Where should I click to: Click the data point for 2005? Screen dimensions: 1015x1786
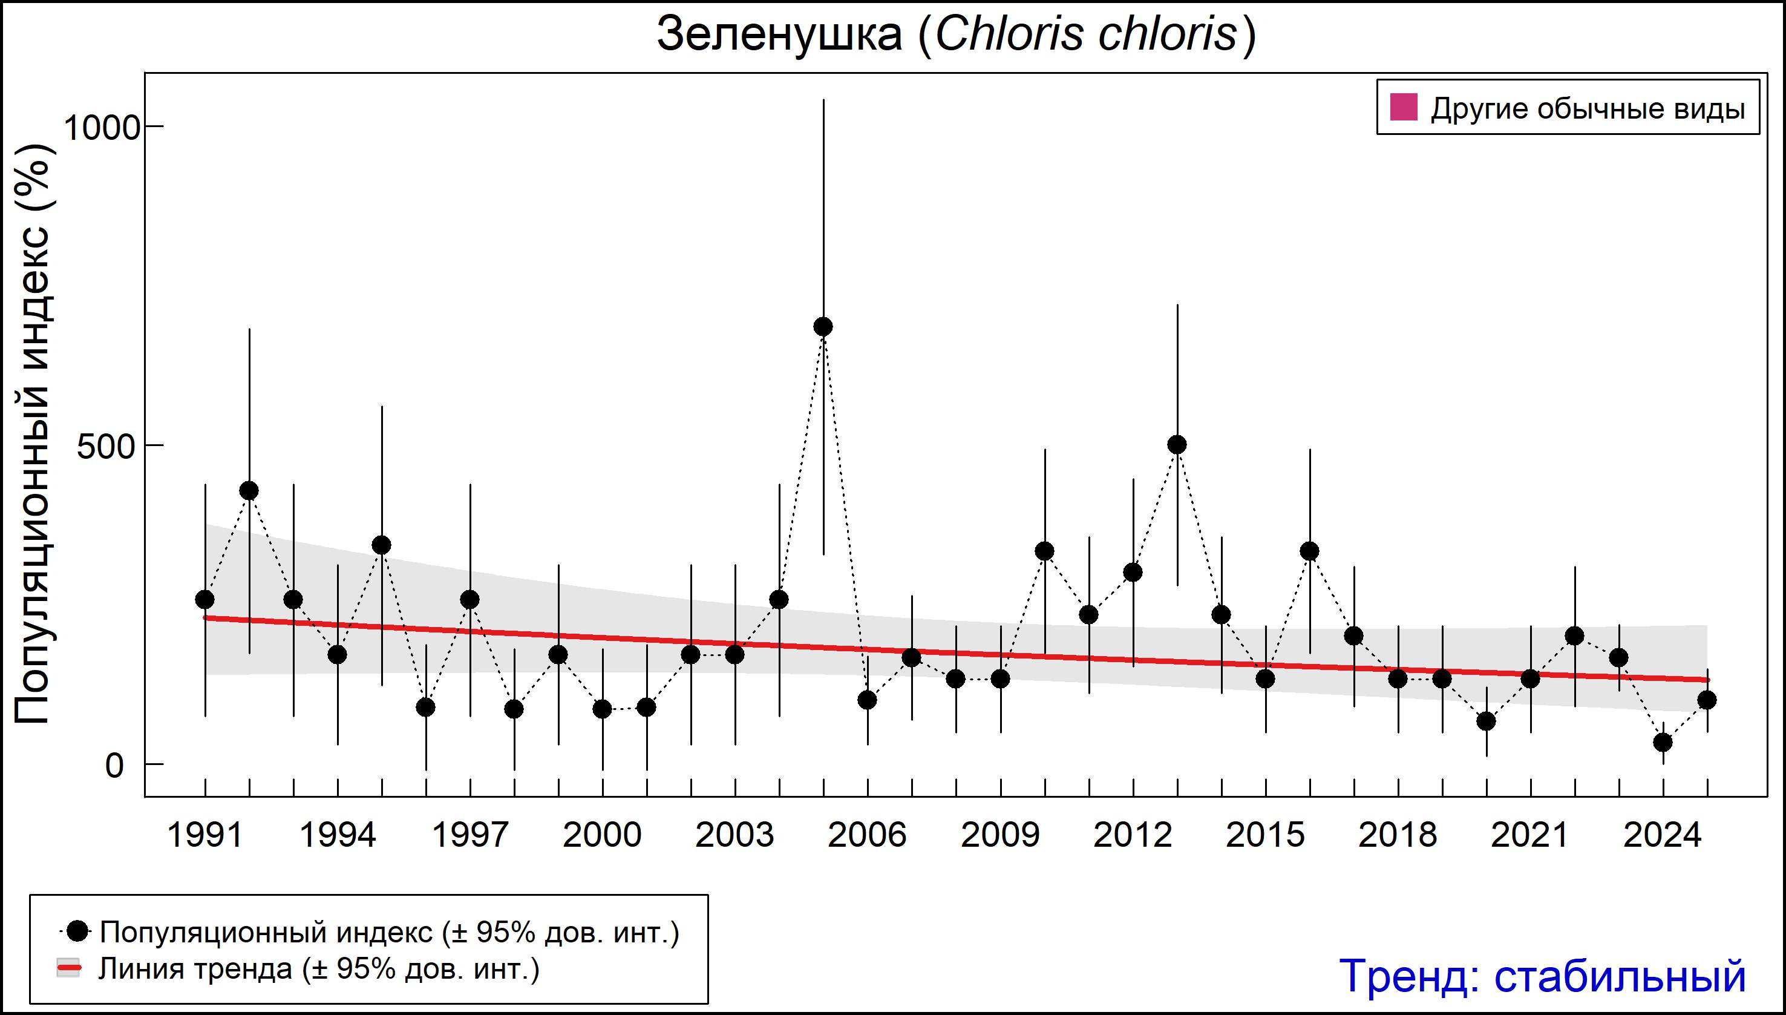823,326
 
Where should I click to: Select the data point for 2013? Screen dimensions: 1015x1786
1177,444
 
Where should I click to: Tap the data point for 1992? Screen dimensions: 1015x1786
249,491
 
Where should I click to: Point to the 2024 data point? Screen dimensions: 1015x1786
1663,743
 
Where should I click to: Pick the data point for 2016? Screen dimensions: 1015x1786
1309,551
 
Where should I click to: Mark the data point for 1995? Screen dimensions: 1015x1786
381,545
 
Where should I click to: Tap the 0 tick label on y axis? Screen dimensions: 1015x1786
114,766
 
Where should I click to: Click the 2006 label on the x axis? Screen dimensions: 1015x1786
867,835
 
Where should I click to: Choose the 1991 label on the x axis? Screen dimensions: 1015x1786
205,835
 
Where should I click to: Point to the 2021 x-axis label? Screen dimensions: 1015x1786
1530,835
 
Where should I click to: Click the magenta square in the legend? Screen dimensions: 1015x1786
1404,108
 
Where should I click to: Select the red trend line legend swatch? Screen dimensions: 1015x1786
68,969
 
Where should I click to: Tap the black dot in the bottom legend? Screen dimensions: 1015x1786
79,931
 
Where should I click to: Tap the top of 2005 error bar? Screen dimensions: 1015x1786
823,100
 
